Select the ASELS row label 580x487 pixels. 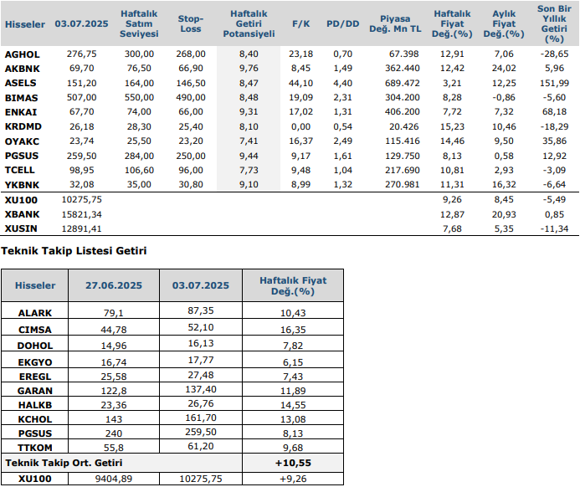[x=20, y=84]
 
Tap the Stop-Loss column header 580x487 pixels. [x=191, y=24]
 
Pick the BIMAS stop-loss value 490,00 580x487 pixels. [x=192, y=97]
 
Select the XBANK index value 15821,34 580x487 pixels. [x=82, y=214]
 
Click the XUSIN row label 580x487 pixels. [x=20, y=228]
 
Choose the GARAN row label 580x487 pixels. [x=35, y=392]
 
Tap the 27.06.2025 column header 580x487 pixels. [x=114, y=285]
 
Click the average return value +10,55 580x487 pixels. [x=292, y=463]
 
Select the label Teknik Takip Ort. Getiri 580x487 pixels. [x=64, y=463]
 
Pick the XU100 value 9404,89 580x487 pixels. [x=114, y=479]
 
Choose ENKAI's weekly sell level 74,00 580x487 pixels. [x=139, y=111]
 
